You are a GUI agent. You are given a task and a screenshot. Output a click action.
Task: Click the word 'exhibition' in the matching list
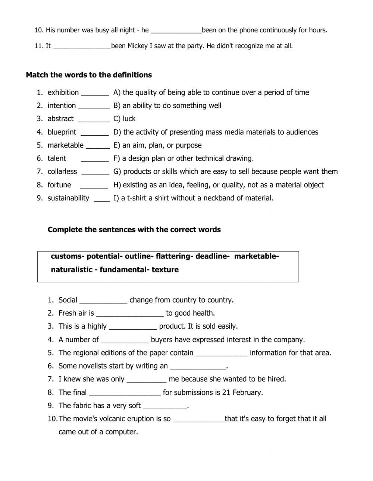point(63,92)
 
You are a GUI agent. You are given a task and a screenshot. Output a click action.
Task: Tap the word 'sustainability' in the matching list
point(68,198)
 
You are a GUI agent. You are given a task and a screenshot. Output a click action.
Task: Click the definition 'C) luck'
point(125,119)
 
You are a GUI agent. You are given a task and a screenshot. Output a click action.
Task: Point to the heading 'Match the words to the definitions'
point(89,75)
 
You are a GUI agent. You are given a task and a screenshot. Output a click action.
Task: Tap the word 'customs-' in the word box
point(68,256)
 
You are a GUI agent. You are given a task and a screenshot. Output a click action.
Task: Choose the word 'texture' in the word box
point(165,270)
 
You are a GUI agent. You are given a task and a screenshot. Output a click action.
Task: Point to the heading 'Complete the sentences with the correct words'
point(134,230)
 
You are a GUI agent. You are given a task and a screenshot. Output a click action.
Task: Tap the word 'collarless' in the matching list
point(62,172)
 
